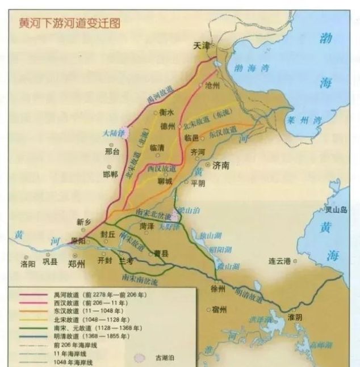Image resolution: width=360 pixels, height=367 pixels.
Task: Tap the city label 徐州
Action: (217, 288)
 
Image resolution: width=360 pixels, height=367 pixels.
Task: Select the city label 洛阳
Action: (28, 263)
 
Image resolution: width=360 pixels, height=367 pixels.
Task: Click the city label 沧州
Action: (211, 85)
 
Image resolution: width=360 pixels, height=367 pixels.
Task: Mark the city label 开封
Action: (106, 261)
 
